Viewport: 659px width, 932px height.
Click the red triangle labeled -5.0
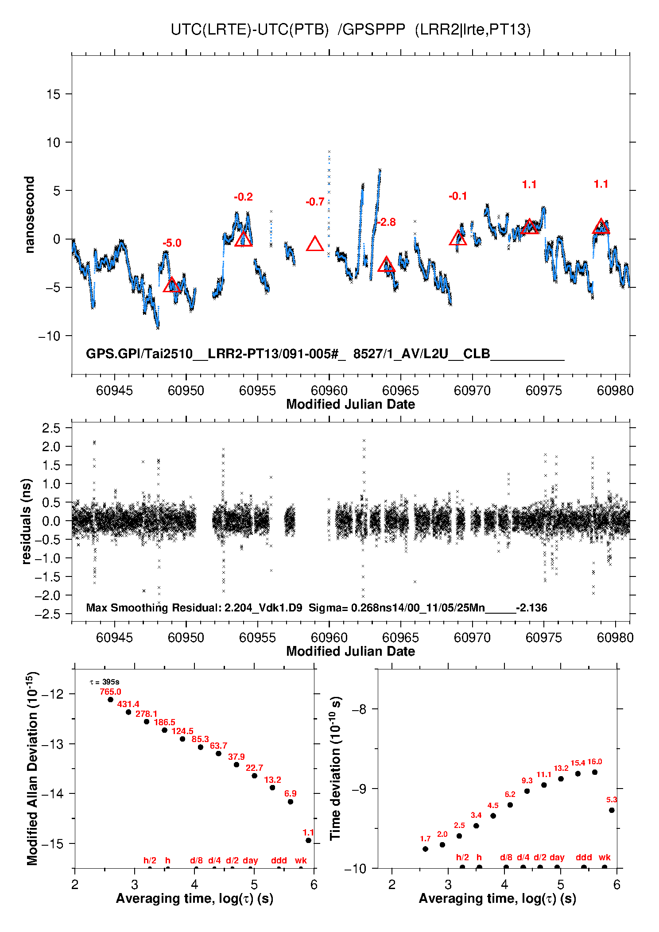pyautogui.click(x=172, y=286)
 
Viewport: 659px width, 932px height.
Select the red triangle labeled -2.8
pyautogui.click(x=386, y=265)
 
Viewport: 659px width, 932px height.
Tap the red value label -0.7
pyautogui.click(x=315, y=202)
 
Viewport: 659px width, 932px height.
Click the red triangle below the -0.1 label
pyautogui.click(x=458, y=239)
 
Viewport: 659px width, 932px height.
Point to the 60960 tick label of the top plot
pyautogui.click(x=329, y=391)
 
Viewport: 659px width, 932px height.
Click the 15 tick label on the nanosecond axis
pyautogui.click(x=54, y=94)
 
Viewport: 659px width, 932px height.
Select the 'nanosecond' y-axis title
pyautogui.click(x=29, y=215)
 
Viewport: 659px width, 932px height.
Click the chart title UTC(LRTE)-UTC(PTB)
pyautogui.click(x=249, y=30)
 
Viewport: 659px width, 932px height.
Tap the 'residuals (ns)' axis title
pyautogui.click(x=27, y=521)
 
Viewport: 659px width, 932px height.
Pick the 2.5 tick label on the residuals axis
pyautogui.click(x=51, y=428)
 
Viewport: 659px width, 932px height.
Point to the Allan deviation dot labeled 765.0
pyautogui.click(x=110, y=700)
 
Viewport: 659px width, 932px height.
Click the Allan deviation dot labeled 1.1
pyautogui.click(x=308, y=840)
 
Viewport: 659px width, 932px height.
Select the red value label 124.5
pyautogui.click(x=182, y=731)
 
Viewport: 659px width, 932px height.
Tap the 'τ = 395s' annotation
pyautogui.click(x=105, y=682)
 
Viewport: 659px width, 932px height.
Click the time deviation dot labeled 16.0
pyautogui.click(x=595, y=772)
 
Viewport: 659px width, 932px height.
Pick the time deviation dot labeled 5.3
pyautogui.click(x=612, y=810)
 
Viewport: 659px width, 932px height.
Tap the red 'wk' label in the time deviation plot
pyautogui.click(x=605, y=857)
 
